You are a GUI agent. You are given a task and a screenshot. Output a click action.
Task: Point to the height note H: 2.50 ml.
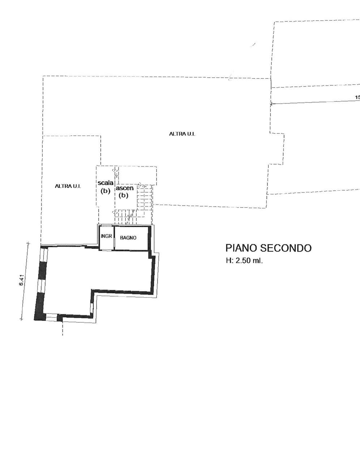(244, 260)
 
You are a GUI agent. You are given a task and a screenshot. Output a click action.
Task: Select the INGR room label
(106, 236)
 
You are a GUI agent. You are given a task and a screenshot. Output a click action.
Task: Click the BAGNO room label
(128, 238)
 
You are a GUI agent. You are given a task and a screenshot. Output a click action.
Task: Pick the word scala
(106, 183)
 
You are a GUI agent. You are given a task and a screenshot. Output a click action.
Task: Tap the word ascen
(125, 188)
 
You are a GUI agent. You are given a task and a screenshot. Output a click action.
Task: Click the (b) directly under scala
(106, 191)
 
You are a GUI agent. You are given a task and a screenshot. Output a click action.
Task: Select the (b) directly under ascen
(124, 195)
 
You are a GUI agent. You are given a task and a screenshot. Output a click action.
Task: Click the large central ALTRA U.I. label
(182, 134)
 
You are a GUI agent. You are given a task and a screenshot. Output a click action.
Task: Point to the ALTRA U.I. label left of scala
(68, 186)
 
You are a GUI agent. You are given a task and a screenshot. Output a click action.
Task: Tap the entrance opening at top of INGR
(106, 225)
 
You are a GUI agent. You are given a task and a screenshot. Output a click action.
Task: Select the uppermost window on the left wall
(44, 255)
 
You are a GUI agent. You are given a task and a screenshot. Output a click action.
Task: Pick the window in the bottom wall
(51, 317)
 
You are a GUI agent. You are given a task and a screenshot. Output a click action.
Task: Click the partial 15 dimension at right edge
(358, 97)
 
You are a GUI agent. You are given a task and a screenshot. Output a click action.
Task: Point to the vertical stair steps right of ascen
(145, 195)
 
